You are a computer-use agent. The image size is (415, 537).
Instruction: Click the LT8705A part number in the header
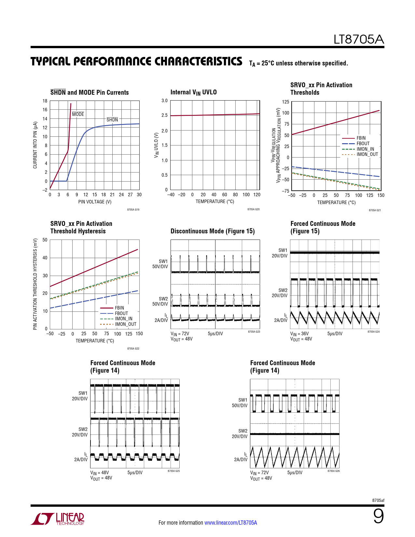359,40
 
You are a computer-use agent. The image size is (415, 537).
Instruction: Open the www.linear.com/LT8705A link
230,523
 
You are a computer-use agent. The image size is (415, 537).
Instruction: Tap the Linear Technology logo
58,519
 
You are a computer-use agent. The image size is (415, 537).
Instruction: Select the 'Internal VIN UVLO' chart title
193,92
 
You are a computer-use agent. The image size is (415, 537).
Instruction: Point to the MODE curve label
78,114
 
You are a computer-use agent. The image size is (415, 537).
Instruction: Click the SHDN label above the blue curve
112,120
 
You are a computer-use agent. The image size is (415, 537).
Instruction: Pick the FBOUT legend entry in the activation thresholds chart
363,144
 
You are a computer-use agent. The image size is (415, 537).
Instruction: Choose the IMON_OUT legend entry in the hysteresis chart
125,324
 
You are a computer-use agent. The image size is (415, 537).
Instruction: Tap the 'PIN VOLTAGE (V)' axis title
95,202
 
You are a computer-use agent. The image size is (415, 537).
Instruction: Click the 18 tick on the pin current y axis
45,101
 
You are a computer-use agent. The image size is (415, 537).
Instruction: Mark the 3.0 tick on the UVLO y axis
165,101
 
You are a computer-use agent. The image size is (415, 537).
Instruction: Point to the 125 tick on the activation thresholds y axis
285,102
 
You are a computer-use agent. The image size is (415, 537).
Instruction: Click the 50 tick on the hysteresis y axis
45,240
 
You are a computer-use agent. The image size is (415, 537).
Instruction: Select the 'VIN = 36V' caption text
299,334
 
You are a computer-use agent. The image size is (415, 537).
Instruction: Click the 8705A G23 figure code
254,332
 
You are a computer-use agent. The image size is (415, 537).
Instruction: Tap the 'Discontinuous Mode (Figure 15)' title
213,231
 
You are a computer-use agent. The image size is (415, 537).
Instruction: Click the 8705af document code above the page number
378,500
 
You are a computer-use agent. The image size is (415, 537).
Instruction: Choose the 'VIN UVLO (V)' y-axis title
156,145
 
